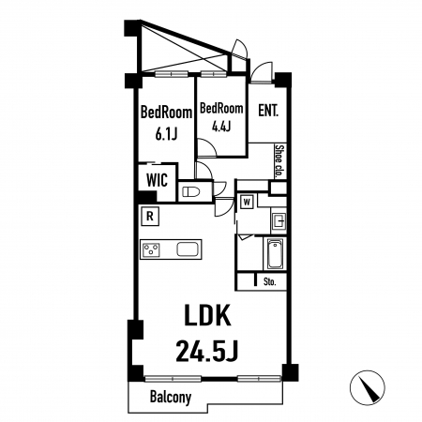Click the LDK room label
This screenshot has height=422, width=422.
click(x=207, y=315)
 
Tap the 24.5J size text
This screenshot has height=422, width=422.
click(x=207, y=351)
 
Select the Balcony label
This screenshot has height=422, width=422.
click(x=171, y=398)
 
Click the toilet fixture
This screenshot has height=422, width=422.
click(x=190, y=191)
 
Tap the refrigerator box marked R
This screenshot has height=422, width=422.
click(x=150, y=216)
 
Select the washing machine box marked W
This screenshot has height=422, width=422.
click(x=247, y=202)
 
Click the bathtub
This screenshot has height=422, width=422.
click(x=276, y=253)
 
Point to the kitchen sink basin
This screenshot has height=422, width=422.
click(x=188, y=249)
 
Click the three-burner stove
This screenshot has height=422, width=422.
click(x=151, y=250)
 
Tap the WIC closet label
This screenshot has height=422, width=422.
click(x=157, y=180)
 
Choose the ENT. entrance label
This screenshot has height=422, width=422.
click(x=268, y=111)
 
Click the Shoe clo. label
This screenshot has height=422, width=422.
click(x=280, y=161)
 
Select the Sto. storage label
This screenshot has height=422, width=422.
click(x=270, y=282)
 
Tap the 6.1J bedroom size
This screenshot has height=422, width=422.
click(x=166, y=134)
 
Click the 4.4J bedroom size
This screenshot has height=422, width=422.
click(x=221, y=127)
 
